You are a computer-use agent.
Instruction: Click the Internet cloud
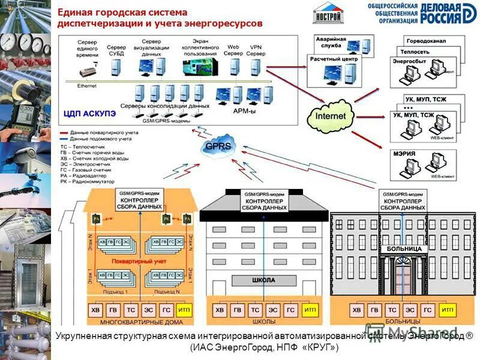[331, 115]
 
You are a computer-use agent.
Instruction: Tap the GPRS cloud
[218, 146]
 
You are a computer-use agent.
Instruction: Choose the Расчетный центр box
[334, 60]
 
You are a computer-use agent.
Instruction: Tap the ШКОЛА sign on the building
[264, 280]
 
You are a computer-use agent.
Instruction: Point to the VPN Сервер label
[256, 50]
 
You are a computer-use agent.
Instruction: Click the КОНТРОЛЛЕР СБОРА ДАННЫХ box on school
[264, 204]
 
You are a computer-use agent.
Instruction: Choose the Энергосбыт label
[406, 61]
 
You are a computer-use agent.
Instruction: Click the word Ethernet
[86, 86]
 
